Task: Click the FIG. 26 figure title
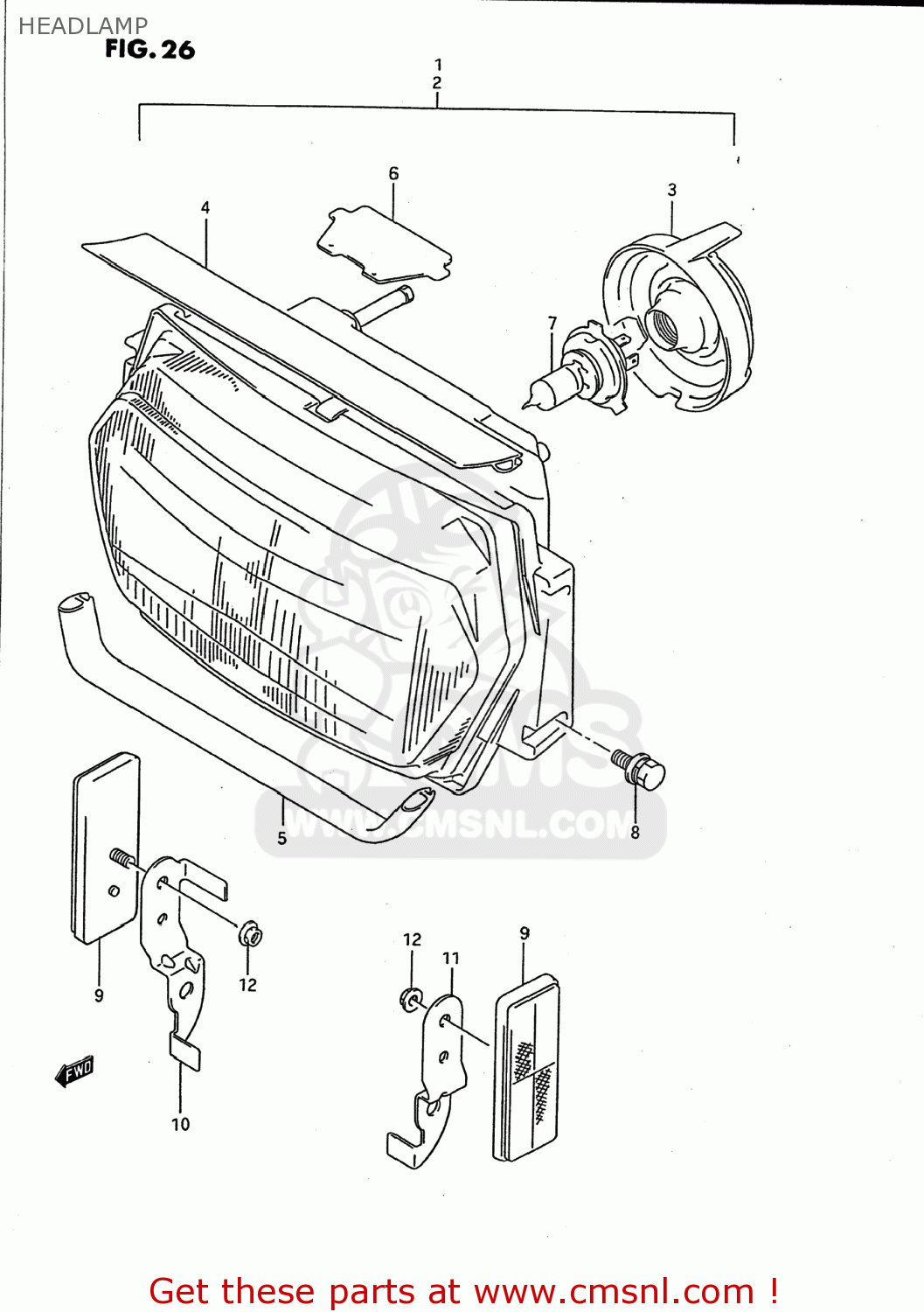tap(149, 50)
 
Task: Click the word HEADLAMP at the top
tap(83, 26)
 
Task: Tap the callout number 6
tap(393, 174)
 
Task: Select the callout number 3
tap(671, 190)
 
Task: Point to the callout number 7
tap(552, 324)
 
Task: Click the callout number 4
tap(205, 207)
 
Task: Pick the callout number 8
tap(636, 833)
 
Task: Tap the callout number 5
tap(281, 839)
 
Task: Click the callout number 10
tap(180, 1125)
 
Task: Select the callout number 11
tap(451, 959)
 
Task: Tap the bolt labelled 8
tap(643, 770)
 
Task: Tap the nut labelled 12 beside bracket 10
tap(251, 935)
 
